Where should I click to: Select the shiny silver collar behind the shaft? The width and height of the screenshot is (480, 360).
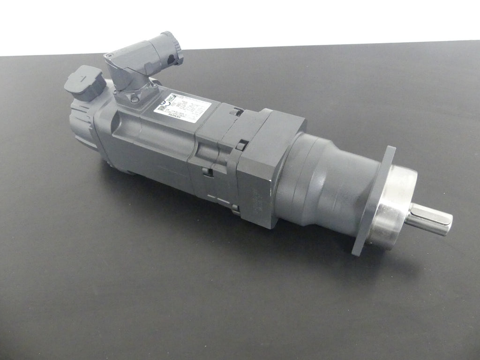(392, 206)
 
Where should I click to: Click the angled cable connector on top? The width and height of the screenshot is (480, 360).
(141, 63)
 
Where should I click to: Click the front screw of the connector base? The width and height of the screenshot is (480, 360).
(135, 99)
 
